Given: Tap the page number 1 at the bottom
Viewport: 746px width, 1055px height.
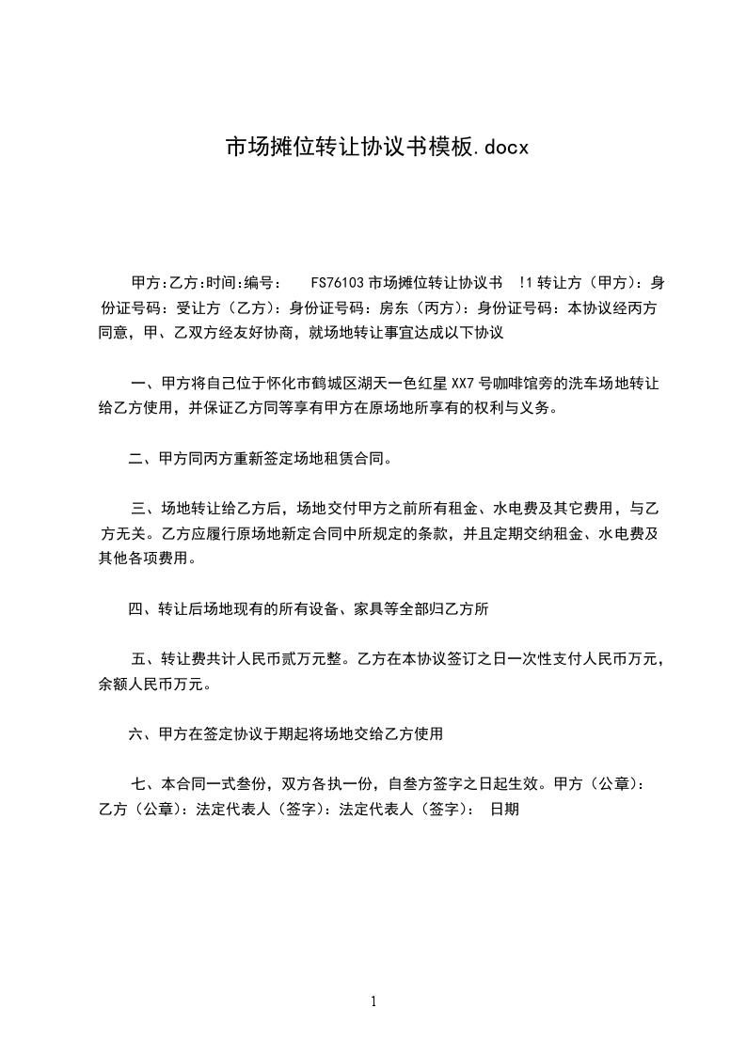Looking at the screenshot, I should [373, 1002].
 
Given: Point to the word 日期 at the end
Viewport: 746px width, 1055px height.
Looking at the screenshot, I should [504, 808].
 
